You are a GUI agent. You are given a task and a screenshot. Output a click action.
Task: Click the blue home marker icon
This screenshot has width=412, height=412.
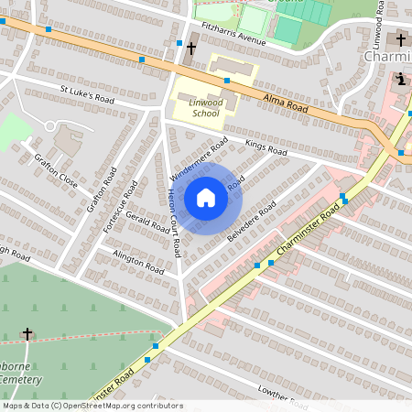pos(205,197)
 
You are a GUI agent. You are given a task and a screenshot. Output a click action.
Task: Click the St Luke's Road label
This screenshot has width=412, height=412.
pos(87,93)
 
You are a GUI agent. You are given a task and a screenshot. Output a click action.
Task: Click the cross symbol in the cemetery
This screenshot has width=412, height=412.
pos(27,334)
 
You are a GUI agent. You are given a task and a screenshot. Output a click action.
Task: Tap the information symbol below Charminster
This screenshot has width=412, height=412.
pos(399,79)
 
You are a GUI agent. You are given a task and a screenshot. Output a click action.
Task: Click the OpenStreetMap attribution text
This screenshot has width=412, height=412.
pos(92,406)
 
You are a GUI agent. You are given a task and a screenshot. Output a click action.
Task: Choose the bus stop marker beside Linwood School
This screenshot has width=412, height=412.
pos(226,81)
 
